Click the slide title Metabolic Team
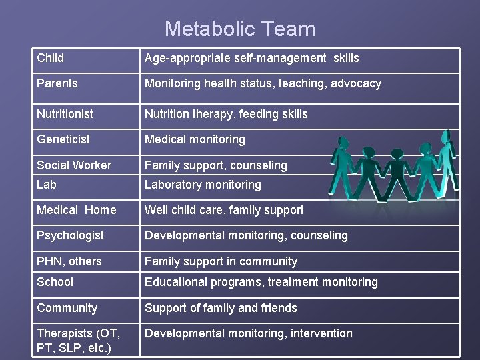[240, 29]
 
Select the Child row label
[51, 58]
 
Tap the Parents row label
[57, 83]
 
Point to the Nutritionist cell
[65, 114]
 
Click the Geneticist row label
[63, 139]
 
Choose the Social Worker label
[74, 165]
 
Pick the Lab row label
[47, 185]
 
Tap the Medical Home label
[76, 210]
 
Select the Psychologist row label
[70, 235]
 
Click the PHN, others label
[69, 261]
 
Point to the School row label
[55, 282]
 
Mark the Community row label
[67, 308]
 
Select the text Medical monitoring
[195, 139]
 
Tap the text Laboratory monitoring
[203, 185]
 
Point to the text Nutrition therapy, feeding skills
[226, 114]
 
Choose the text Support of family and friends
[221, 308]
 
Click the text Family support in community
[221, 261]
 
